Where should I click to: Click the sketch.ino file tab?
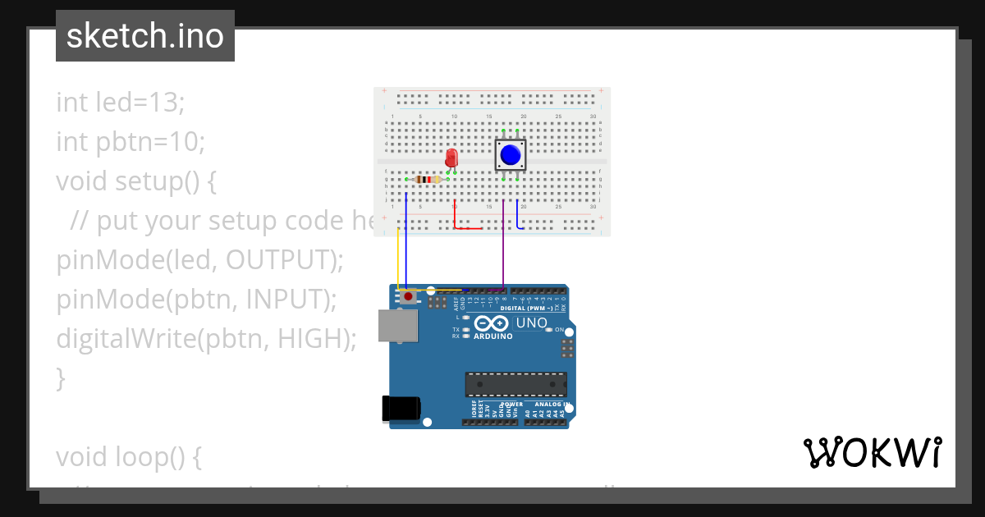point(145,36)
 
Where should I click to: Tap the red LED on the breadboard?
point(450,158)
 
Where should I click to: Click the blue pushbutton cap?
point(511,154)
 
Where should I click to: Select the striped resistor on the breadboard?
point(428,180)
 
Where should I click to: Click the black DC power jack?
point(402,409)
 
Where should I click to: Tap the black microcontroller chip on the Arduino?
point(515,384)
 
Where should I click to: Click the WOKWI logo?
point(872,453)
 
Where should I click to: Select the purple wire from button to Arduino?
point(503,246)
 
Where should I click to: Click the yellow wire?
point(398,258)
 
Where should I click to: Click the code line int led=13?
point(121,103)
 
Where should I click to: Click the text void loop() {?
point(129,457)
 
